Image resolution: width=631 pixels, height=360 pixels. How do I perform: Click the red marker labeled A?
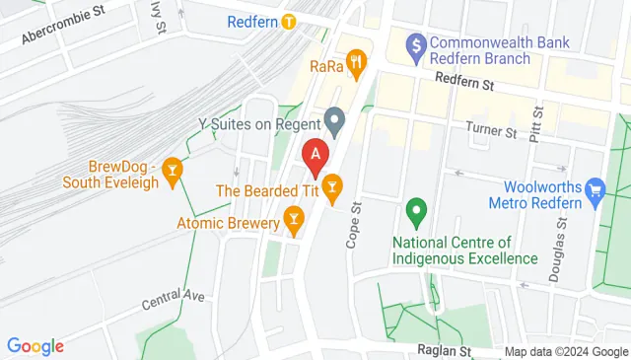(x=315, y=153)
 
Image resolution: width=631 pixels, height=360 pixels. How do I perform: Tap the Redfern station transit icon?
(x=289, y=22)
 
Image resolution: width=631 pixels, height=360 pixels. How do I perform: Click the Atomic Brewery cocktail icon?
(x=293, y=216)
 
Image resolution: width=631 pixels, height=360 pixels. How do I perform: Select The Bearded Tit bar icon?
(x=332, y=184)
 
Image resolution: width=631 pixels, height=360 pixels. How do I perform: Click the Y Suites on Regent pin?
(x=335, y=123)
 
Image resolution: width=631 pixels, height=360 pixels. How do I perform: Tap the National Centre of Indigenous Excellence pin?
(x=416, y=210)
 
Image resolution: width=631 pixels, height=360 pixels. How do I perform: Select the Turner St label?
(x=490, y=131)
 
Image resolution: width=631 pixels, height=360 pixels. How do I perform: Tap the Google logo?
(x=35, y=346)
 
